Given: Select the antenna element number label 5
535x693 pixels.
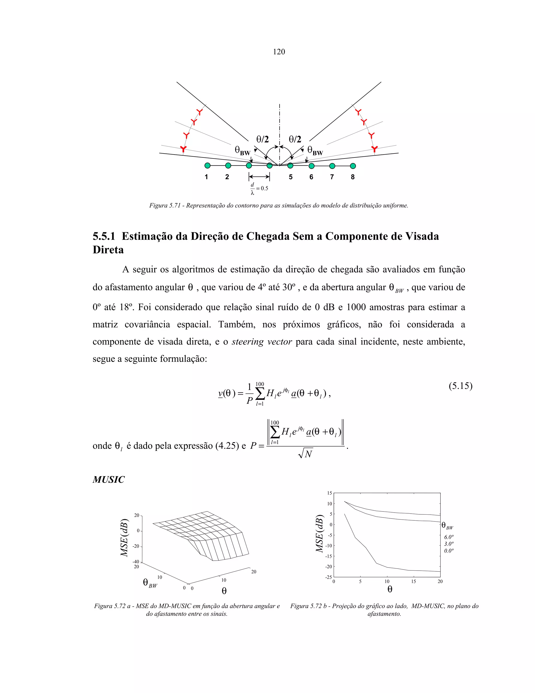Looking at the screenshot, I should pos(291,177).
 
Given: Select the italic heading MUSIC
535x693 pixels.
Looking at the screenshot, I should pos(108,479).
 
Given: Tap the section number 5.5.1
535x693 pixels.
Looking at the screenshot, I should pos(104,236).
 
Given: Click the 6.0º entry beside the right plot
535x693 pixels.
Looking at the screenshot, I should pos(449,537).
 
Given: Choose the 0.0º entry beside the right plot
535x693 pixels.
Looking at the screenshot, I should pos(449,551).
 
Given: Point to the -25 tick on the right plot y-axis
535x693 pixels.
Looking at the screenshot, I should pos(328,577).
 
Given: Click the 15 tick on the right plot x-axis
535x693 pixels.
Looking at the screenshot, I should pos(414,581).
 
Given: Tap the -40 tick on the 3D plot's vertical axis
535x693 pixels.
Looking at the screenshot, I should pos(136,562).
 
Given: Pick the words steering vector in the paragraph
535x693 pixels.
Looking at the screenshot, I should pos(261,342).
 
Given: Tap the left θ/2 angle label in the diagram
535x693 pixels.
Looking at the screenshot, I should pos(263,139).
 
